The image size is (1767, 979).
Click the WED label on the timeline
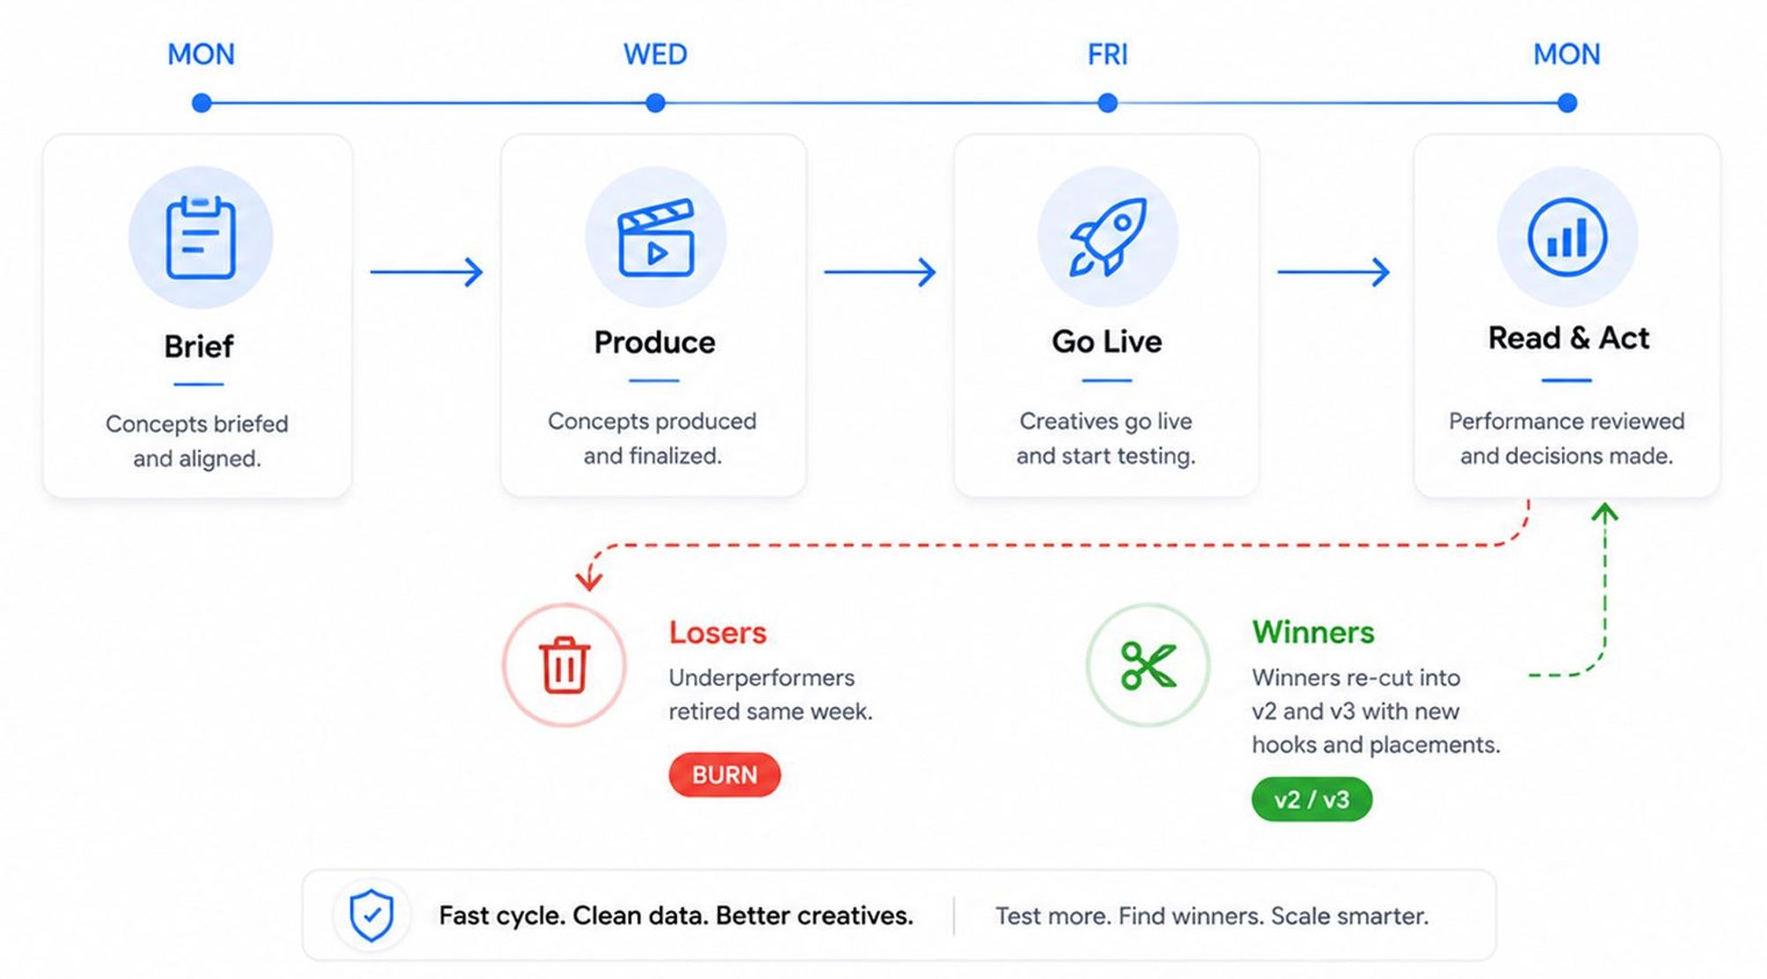(x=655, y=55)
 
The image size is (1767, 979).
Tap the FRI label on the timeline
(x=1107, y=55)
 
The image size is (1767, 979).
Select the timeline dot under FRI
(x=1107, y=103)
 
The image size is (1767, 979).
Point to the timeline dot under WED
(x=655, y=103)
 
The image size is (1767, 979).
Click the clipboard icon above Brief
(x=201, y=238)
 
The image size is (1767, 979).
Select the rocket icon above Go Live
(x=1108, y=237)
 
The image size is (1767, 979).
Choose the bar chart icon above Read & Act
(x=1566, y=238)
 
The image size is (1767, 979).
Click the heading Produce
(x=655, y=342)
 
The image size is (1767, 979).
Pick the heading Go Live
(x=1107, y=341)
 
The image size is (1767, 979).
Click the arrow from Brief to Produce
(x=427, y=271)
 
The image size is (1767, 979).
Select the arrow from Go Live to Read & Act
(x=1334, y=271)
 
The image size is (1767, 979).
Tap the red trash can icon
(x=565, y=664)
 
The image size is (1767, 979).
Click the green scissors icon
(x=1148, y=665)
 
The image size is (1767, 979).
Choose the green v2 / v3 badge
(x=1312, y=800)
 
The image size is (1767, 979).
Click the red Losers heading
(x=717, y=633)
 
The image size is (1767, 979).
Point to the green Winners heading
(x=1313, y=632)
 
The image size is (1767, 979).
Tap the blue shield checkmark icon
(x=371, y=915)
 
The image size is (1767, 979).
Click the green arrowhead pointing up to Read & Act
(x=1604, y=512)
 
